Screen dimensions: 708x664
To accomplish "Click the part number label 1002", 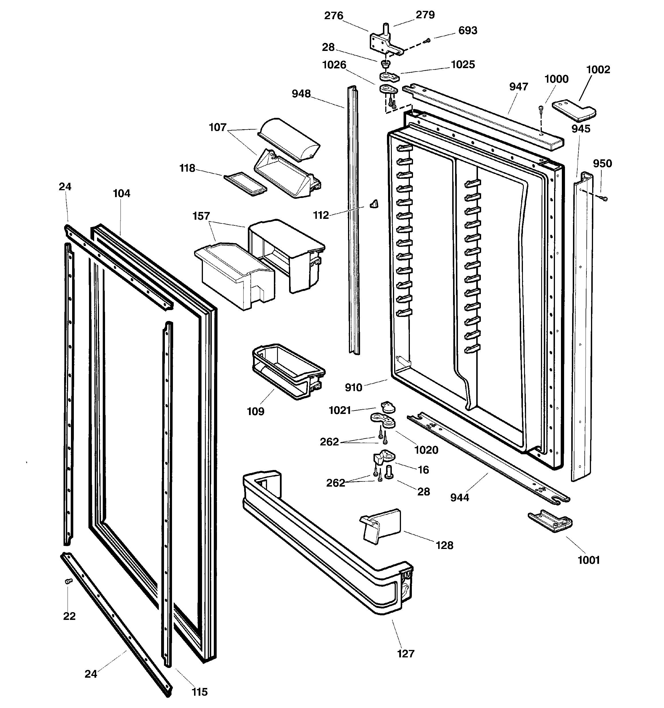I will [x=598, y=70].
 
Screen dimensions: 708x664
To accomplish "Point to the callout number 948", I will [x=301, y=94].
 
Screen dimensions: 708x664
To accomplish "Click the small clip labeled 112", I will [x=374, y=204].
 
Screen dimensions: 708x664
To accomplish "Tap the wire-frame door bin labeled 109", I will [x=288, y=371].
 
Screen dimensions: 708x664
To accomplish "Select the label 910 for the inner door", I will [x=353, y=388].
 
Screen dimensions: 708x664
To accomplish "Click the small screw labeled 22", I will [x=68, y=581].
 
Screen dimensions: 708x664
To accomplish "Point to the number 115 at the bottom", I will [x=199, y=692].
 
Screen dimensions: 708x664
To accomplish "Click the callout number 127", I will [x=406, y=654].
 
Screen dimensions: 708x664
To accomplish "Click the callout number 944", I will [x=459, y=497].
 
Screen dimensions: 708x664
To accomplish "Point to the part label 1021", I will [x=340, y=410].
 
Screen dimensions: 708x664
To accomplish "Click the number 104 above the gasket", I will [x=122, y=193].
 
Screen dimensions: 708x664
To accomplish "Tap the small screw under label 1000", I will [x=541, y=108].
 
